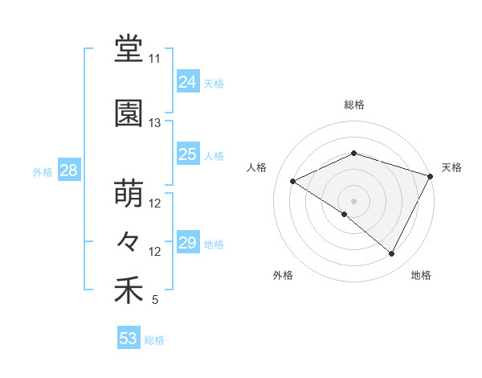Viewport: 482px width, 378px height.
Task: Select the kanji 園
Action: pos(129,113)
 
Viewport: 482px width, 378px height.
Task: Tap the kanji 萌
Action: pos(129,194)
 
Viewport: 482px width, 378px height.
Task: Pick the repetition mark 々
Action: pos(129,240)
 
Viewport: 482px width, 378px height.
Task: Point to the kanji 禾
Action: pos(129,290)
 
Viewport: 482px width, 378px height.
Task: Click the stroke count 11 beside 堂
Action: pos(154,60)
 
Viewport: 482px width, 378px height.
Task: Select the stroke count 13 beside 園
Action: pos(154,123)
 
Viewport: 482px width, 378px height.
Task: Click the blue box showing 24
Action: pos(188,82)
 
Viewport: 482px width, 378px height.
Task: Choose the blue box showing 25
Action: pos(188,154)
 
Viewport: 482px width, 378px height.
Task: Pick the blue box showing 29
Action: pos(188,243)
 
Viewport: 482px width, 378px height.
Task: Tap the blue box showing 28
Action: pos(68,171)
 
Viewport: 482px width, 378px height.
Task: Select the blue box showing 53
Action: pos(129,339)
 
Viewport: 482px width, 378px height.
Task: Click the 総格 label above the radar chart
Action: pos(354,105)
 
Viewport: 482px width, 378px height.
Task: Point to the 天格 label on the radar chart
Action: pos(452,167)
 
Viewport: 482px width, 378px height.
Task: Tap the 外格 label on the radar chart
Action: pos(283,275)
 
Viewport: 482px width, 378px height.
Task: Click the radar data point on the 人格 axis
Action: pos(293,182)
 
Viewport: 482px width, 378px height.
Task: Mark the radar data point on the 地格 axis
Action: pos(392,254)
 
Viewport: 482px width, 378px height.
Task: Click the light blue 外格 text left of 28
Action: pos(43,171)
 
